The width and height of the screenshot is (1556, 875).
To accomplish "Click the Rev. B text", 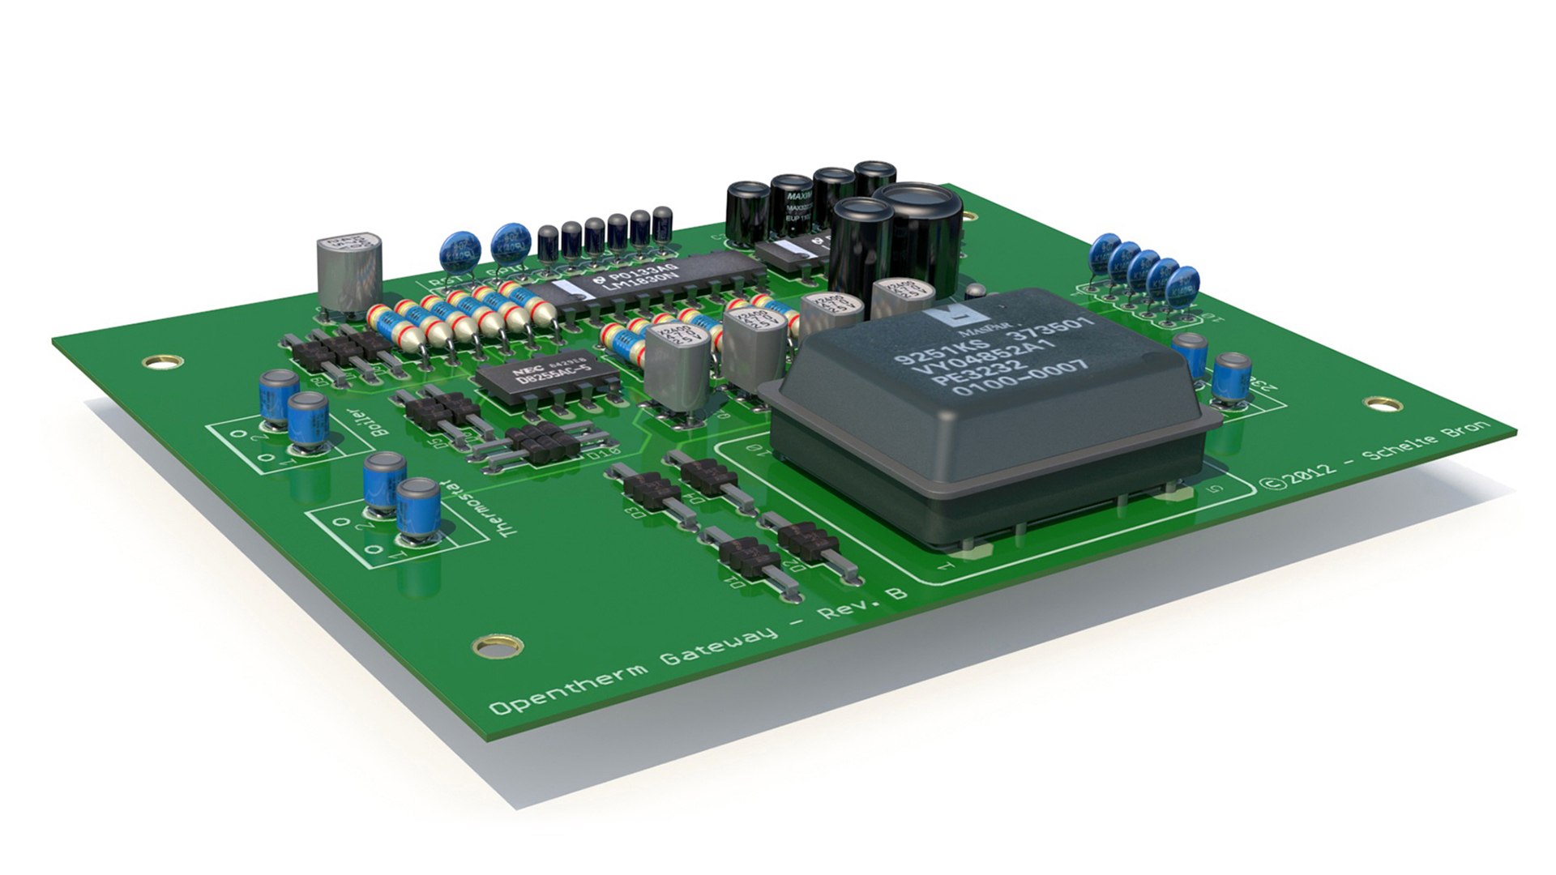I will [863, 602].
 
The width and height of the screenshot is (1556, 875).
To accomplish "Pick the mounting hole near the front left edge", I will [489, 645].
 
